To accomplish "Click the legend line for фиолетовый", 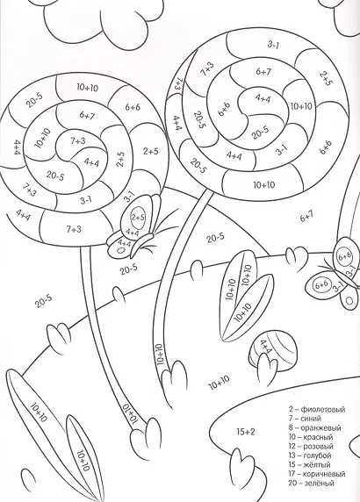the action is tap(316, 409).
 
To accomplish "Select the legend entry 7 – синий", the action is tap(305, 419).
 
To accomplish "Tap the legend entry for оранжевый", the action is tap(314, 427).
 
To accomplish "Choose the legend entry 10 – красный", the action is tap(311, 437).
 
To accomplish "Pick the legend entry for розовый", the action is tap(311, 447).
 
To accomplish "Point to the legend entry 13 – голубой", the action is tap(309, 455).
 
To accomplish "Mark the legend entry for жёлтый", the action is tap(309, 464).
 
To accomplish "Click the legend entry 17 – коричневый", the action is tap(317, 474).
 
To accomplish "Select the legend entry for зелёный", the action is tap(311, 483).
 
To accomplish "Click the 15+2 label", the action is tap(246, 432).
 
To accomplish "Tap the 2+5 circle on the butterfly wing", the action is tap(138, 218).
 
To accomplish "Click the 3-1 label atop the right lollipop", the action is tap(273, 45).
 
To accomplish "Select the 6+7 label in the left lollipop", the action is tap(85, 115).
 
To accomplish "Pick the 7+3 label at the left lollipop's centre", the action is tap(78, 140).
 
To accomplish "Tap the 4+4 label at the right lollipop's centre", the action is tap(263, 98).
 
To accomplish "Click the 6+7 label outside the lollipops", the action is tap(306, 218).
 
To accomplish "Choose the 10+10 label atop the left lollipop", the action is tap(88, 88).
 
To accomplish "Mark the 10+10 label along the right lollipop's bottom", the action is tap(264, 185).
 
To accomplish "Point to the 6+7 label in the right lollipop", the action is tap(263, 72).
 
